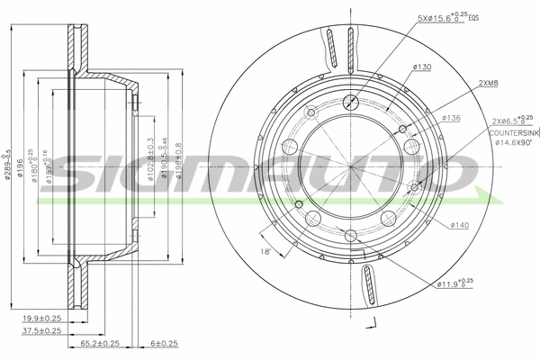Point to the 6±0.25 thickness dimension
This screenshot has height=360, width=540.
[x=165, y=344]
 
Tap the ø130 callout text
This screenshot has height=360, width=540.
[x=421, y=67]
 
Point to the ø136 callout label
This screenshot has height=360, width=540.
[x=452, y=118]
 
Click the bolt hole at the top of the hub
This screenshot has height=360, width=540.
[x=351, y=101]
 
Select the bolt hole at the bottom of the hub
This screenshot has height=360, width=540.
[x=351, y=236]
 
